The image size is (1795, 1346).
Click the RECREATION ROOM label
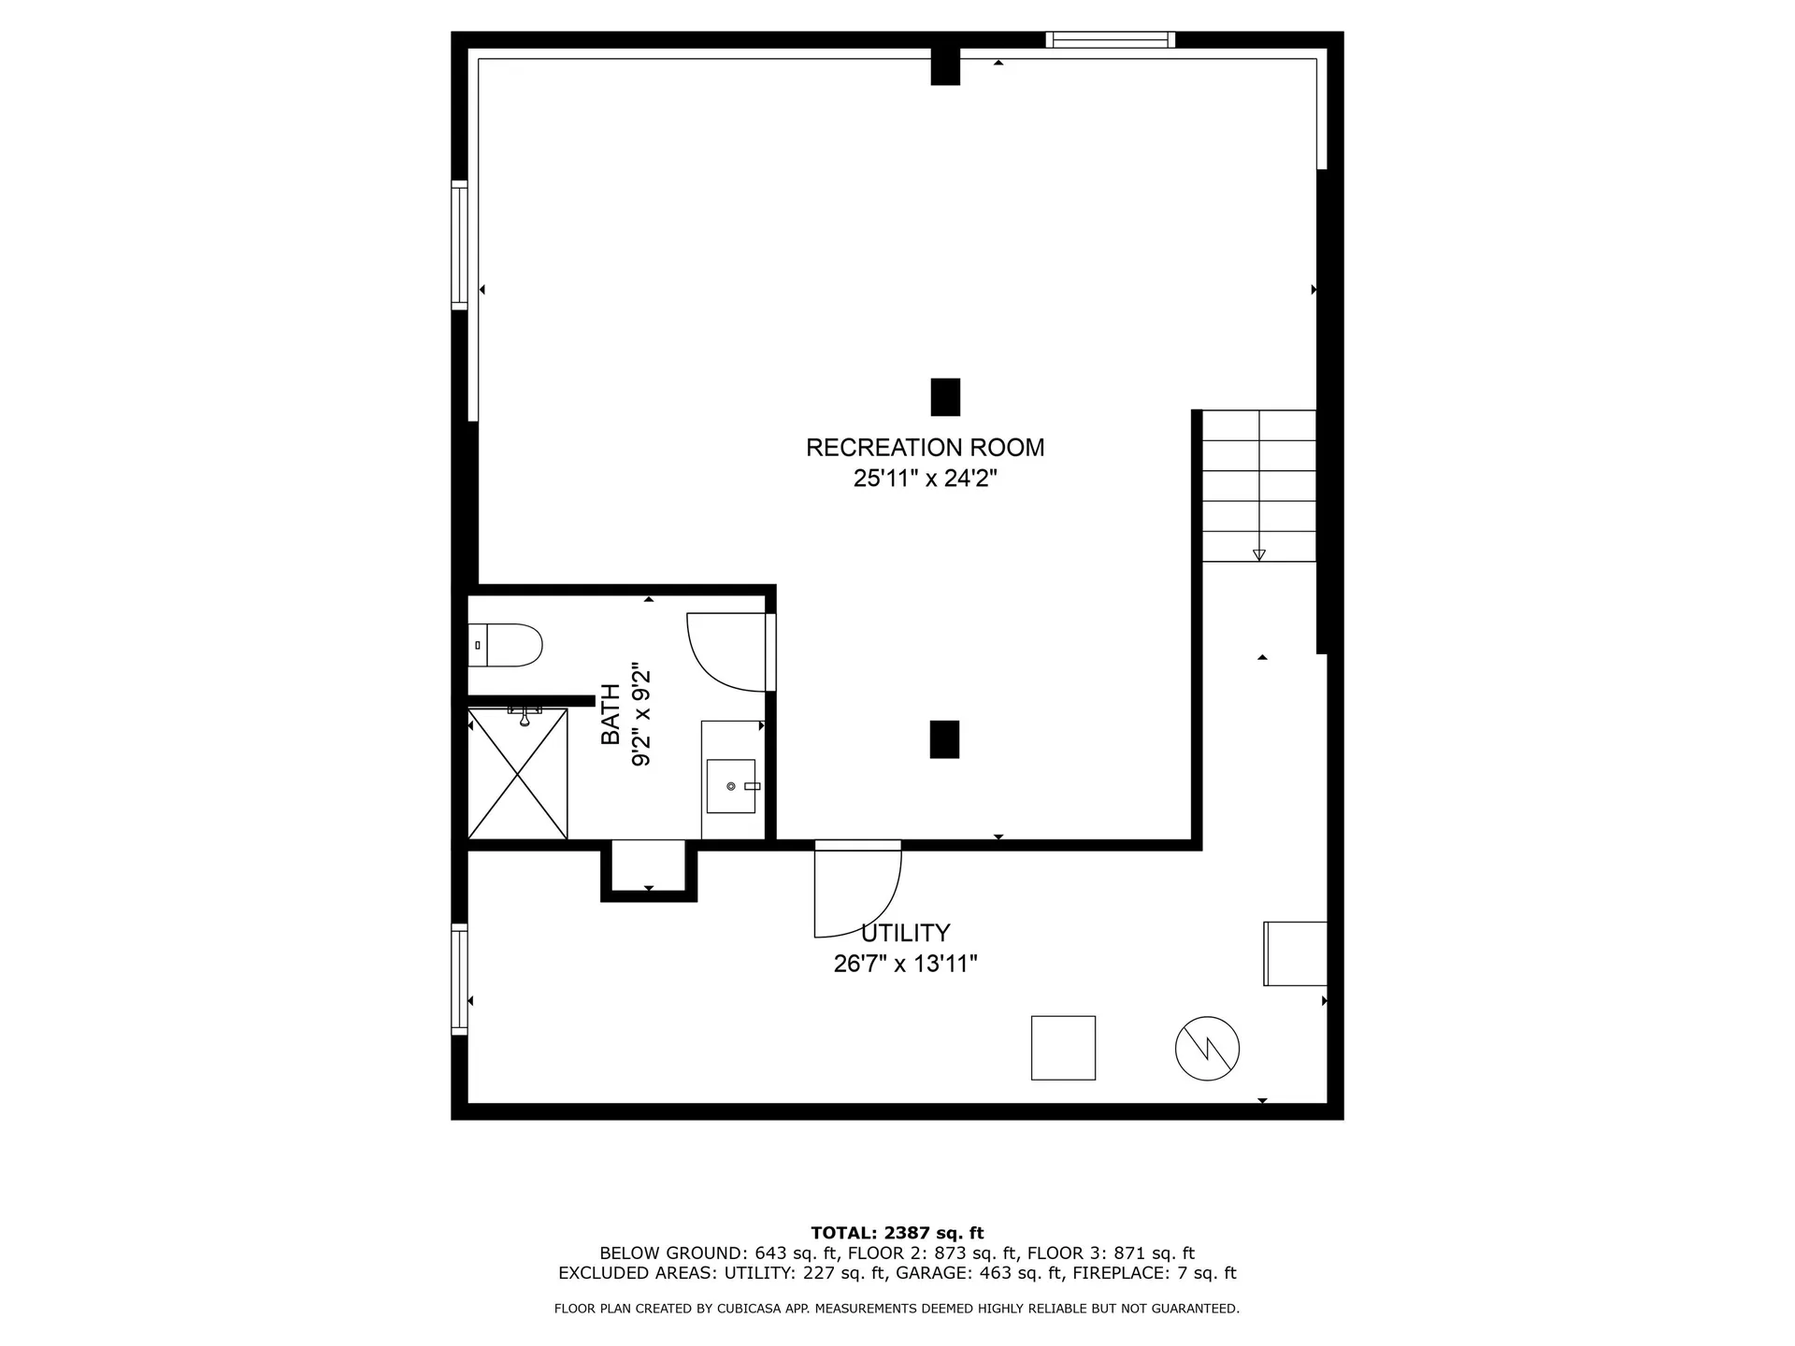(x=925, y=448)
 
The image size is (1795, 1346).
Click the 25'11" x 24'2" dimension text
(x=925, y=479)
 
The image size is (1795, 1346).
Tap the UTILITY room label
(x=905, y=933)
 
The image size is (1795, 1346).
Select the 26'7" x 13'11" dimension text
(x=905, y=964)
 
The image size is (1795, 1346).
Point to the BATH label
(x=610, y=715)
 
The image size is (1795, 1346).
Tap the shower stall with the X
(x=517, y=774)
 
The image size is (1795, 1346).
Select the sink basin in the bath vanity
(x=730, y=786)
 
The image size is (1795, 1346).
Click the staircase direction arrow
(x=1258, y=554)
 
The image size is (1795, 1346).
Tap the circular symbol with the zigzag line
(x=1207, y=1049)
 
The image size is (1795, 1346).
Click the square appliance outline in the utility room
(x=1063, y=1048)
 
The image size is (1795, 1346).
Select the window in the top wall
(x=1110, y=39)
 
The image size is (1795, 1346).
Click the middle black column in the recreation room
(x=945, y=396)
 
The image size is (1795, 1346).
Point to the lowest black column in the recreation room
(x=944, y=738)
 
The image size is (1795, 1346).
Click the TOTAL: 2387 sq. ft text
(x=897, y=1233)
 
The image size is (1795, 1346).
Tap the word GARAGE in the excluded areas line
(x=926, y=1273)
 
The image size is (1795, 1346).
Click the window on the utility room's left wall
(x=459, y=979)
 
